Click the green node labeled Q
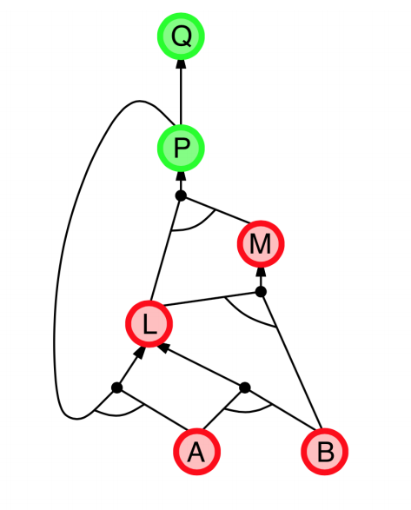pyautogui.click(x=181, y=36)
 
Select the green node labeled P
pyautogui.click(x=181, y=149)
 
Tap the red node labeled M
pyautogui.click(x=261, y=244)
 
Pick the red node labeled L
pyautogui.click(x=149, y=324)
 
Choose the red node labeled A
pyautogui.click(x=197, y=452)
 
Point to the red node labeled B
pyautogui.click(x=325, y=452)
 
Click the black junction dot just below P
pyautogui.click(x=181, y=195)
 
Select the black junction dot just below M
pyautogui.click(x=261, y=292)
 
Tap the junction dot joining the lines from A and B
pyautogui.click(x=245, y=387)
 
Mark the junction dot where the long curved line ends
pyautogui.click(x=116, y=387)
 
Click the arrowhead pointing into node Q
pyautogui.click(x=181, y=63)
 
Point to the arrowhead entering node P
pyautogui.click(x=181, y=176)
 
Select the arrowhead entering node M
pyautogui.click(x=261, y=272)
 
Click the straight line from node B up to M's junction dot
pyautogui.click(x=292, y=360)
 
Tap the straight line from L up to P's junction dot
pyautogui.click(x=165, y=248)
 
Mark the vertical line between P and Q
pyautogui.click(x=181, y=97)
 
